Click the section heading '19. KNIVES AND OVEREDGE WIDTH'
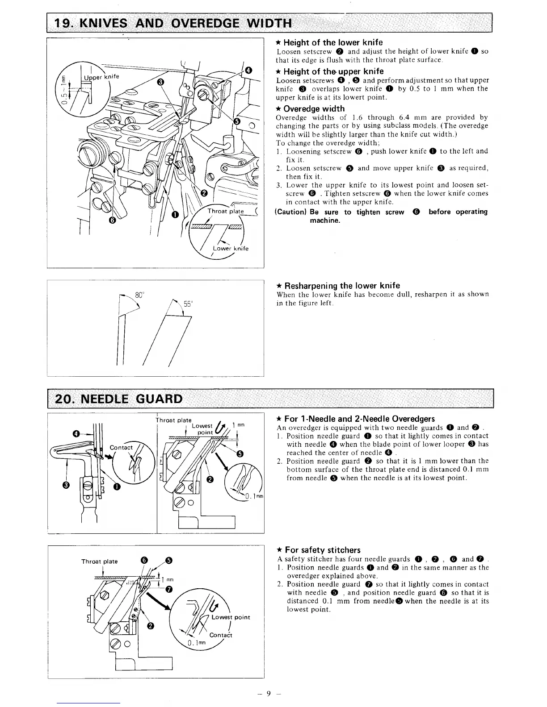(x=173, y=23)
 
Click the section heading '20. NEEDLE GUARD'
(x=118, y=398)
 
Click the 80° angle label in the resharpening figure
(x=139, y=295)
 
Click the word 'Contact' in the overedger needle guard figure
(x=121, y=448)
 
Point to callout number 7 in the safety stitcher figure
(x=169, y=589)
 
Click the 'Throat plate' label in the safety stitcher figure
(x=99, y=561)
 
